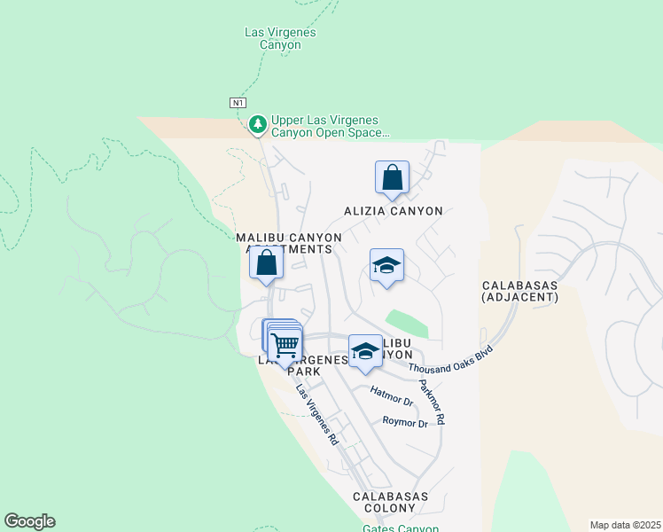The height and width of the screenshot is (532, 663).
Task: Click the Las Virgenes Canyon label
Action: point(280,39)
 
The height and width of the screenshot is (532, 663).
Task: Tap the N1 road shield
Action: point(238,103)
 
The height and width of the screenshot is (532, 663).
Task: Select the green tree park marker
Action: point(258,125)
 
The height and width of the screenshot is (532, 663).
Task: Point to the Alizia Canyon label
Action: point(394,211)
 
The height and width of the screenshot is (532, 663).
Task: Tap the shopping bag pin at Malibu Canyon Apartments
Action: point(265,263)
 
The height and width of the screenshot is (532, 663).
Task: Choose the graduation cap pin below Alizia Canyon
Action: point(386,265)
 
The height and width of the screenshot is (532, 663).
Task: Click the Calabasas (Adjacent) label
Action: point(520,292)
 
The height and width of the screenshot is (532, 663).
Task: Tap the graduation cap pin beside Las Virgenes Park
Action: point(364,351)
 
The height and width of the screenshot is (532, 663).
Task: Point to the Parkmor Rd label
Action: point(432,402)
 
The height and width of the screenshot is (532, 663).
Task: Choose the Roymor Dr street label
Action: point(405,423)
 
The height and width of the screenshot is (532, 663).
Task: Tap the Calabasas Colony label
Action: point(391,502)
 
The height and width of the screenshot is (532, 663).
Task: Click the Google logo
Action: point(29,521)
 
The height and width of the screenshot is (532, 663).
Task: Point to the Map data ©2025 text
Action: point(626,525)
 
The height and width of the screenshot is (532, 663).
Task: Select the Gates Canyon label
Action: point(401,528)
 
